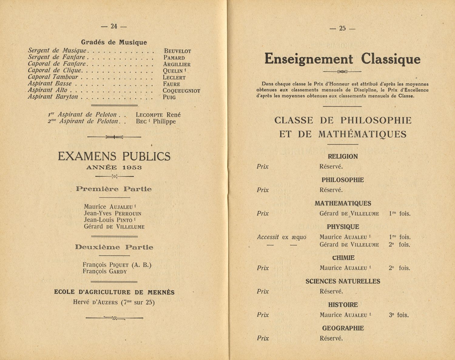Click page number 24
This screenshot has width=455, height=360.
114,26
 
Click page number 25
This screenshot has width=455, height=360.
342,29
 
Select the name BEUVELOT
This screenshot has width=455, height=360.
177,51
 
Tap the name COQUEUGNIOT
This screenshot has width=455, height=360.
181,91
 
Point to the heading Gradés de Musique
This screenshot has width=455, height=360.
114,42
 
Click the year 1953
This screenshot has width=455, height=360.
132,167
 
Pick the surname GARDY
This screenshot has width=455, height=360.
118,272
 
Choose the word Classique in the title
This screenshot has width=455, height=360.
391,59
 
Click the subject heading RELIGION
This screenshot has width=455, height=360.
343,157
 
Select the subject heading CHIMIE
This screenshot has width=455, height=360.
343,258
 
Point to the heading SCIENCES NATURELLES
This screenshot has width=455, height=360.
343,281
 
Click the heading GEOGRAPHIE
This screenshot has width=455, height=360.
343,328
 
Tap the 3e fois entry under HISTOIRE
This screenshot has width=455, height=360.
399,315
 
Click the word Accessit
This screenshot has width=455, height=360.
268,237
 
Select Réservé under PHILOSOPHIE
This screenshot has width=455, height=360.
331,190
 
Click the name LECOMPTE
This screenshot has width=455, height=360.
149,115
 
